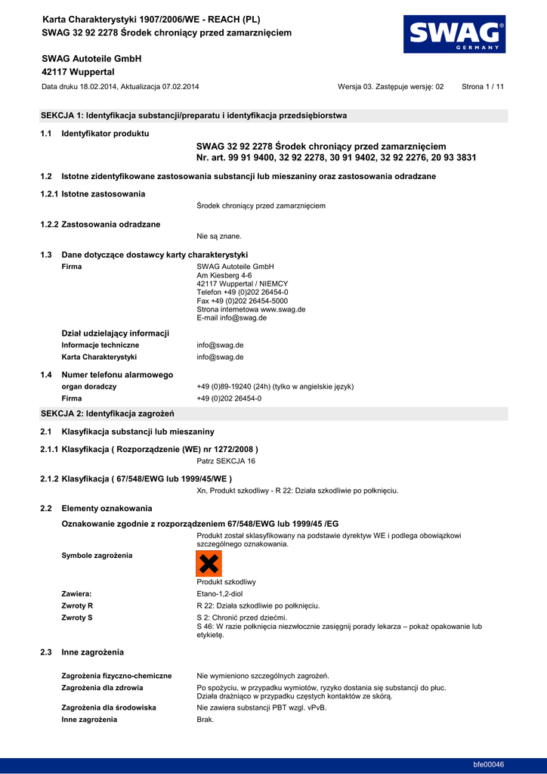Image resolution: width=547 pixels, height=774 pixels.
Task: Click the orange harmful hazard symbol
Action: tap(209, 564)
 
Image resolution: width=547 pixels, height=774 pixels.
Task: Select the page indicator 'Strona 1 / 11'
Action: tap(483, 87)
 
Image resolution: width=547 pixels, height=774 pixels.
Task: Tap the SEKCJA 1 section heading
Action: tap(193, 116)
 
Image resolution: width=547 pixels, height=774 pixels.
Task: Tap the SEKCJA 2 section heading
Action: tap(107, 413)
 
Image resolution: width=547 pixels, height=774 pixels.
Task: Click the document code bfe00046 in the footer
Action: tap(489, 764)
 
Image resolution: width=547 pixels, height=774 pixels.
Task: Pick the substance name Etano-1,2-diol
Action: tap(220, 594)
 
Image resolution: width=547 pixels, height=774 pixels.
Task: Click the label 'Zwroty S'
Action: tap(77, 618)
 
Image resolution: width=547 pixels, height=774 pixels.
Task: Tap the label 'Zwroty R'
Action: tap(77, 605)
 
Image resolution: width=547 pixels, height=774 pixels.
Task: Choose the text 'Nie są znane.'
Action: tap(219, 237)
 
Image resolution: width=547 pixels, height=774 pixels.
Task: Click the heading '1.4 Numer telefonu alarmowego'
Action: tap(107, 375)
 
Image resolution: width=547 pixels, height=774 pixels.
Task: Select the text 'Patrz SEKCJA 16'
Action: tap(226, 460)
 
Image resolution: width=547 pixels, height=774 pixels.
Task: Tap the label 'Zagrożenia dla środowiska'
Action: tap(109, 707)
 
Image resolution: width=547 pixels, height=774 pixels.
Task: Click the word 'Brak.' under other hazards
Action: tap(206, 720)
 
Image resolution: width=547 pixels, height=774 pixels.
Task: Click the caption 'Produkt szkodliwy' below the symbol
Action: tap(227, 582)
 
